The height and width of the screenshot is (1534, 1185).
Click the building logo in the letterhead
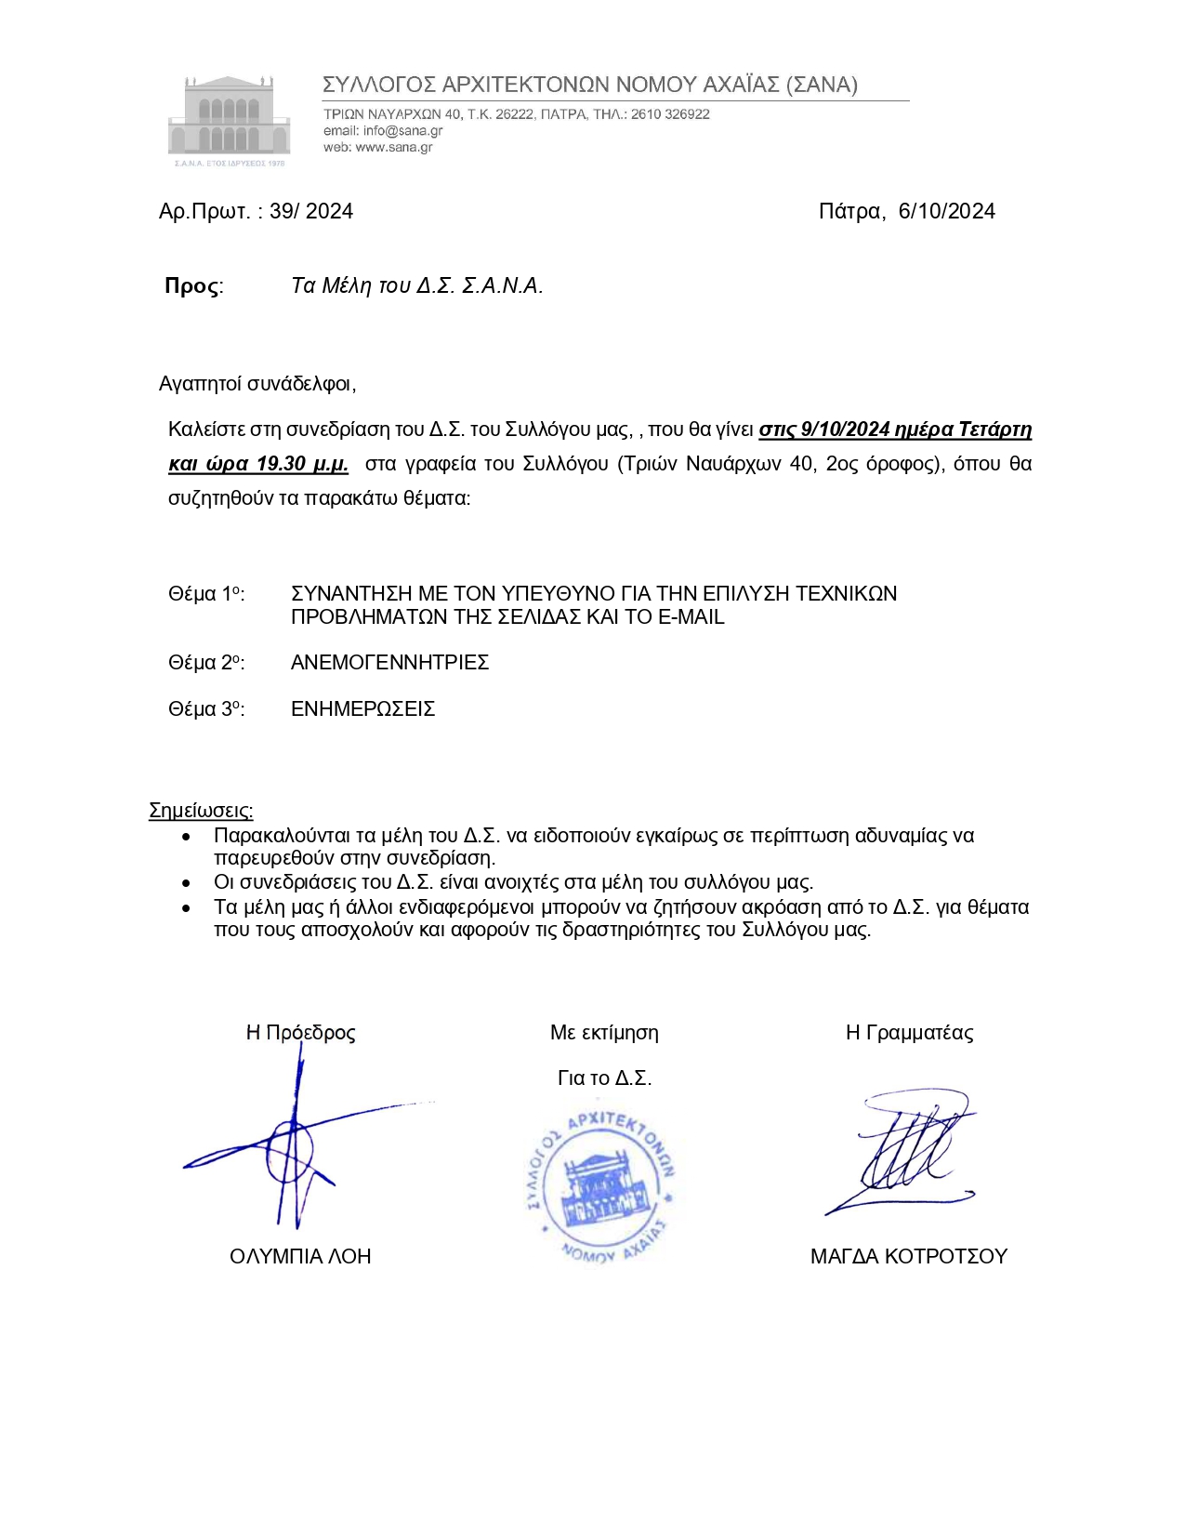tap(229, 118)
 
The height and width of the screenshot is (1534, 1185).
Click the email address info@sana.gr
tap(402, 131)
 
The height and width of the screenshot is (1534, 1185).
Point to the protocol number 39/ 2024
tap(311, 212)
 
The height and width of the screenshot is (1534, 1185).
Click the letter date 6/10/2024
tap(946, 212)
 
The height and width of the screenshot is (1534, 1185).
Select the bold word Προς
tap(192, 286)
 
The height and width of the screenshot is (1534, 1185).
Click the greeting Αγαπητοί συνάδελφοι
tap(257, 384)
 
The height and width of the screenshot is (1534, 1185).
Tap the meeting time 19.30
tap(283, 464)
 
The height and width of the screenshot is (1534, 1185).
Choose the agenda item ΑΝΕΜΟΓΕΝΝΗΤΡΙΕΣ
tap(389, 663)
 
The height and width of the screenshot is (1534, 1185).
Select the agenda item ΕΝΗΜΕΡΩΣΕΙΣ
tap(362, 709)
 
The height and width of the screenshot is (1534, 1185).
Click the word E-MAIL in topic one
tap(691, 617)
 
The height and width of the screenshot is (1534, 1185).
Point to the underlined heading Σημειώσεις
tap(201, 811)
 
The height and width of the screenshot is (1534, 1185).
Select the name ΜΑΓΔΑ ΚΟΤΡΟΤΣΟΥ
tap(908, 1257)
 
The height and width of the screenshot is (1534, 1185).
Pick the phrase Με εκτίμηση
tap(604, 1033)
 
